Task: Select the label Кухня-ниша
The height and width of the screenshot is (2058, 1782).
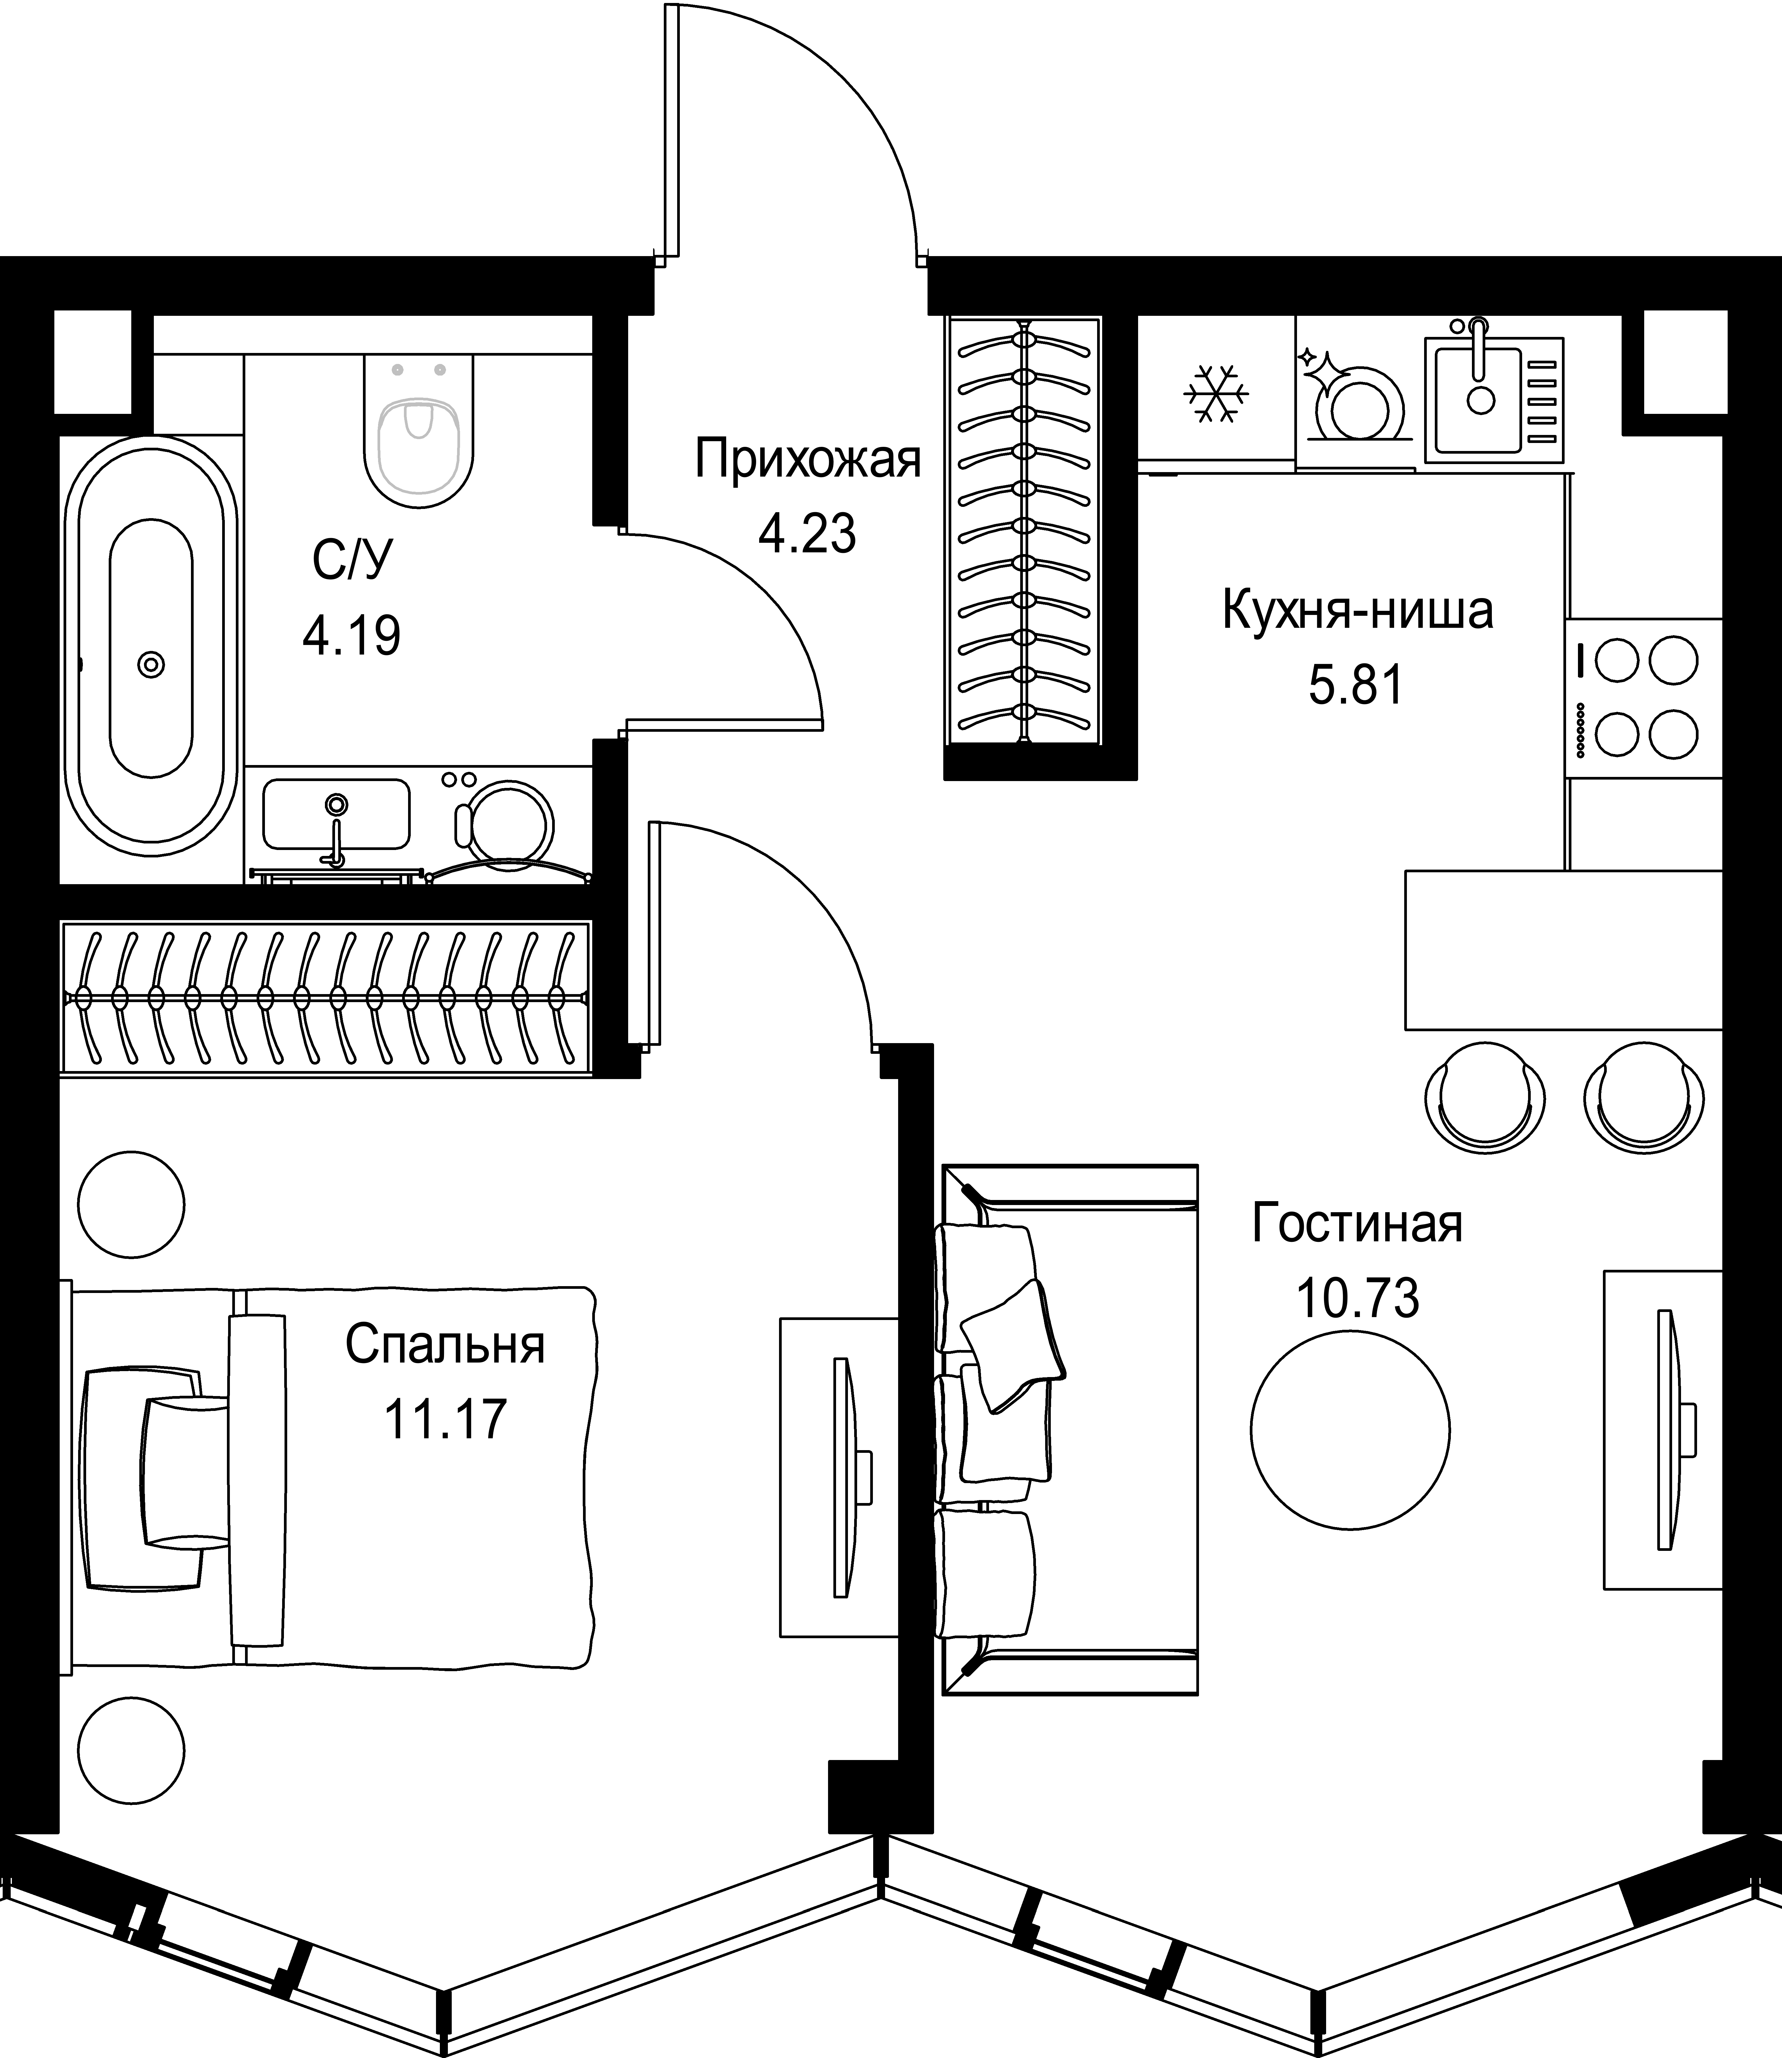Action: [1356, 611]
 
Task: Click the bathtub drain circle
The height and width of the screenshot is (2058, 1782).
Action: [151, 663]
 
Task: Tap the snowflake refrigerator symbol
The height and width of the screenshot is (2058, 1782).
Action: [1215, 393]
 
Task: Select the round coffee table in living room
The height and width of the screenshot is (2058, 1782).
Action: [1350, 1429]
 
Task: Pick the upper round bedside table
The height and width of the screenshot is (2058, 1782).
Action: [131, 1204]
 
